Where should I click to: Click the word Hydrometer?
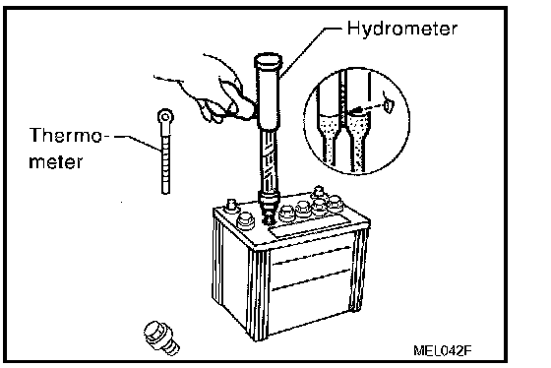(402, 29)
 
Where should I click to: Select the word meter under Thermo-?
(56, 162)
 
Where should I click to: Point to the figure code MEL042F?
(442, 350)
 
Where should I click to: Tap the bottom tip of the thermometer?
(165, 193)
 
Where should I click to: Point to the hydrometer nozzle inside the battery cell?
(269, 217)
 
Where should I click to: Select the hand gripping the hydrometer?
(211, 93)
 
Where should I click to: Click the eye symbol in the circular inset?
(388, 104)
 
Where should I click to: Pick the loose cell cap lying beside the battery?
(161, 337)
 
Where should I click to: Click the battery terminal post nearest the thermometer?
(231, 206)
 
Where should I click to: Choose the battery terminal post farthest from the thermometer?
(319, 192)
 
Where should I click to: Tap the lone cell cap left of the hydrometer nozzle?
(246, 221)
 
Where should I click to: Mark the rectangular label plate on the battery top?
(310, 225)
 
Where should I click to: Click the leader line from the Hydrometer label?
(309, 49)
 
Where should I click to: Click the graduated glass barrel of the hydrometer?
(269, 160)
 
